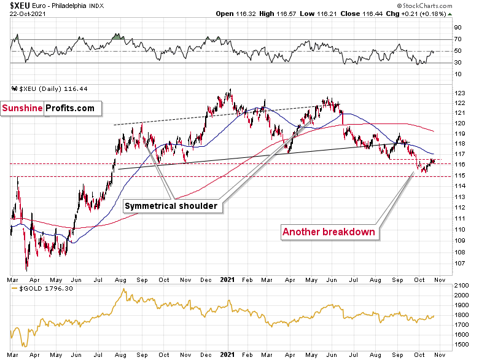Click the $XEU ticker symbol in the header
coord(14,5)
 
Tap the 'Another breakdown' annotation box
coord(329,232)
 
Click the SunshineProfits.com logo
coord(50,109)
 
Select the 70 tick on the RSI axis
coord(458,39)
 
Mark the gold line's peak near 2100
coord(125,290)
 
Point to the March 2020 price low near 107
coord(26,269)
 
